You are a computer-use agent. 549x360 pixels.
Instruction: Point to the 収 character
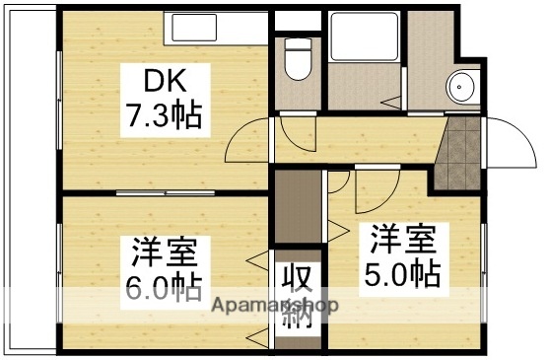298,277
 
